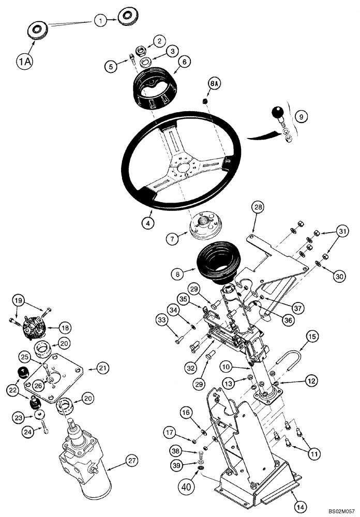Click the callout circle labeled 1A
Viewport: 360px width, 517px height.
24,62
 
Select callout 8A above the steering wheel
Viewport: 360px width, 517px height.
214,83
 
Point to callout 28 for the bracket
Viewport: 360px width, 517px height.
258,208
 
